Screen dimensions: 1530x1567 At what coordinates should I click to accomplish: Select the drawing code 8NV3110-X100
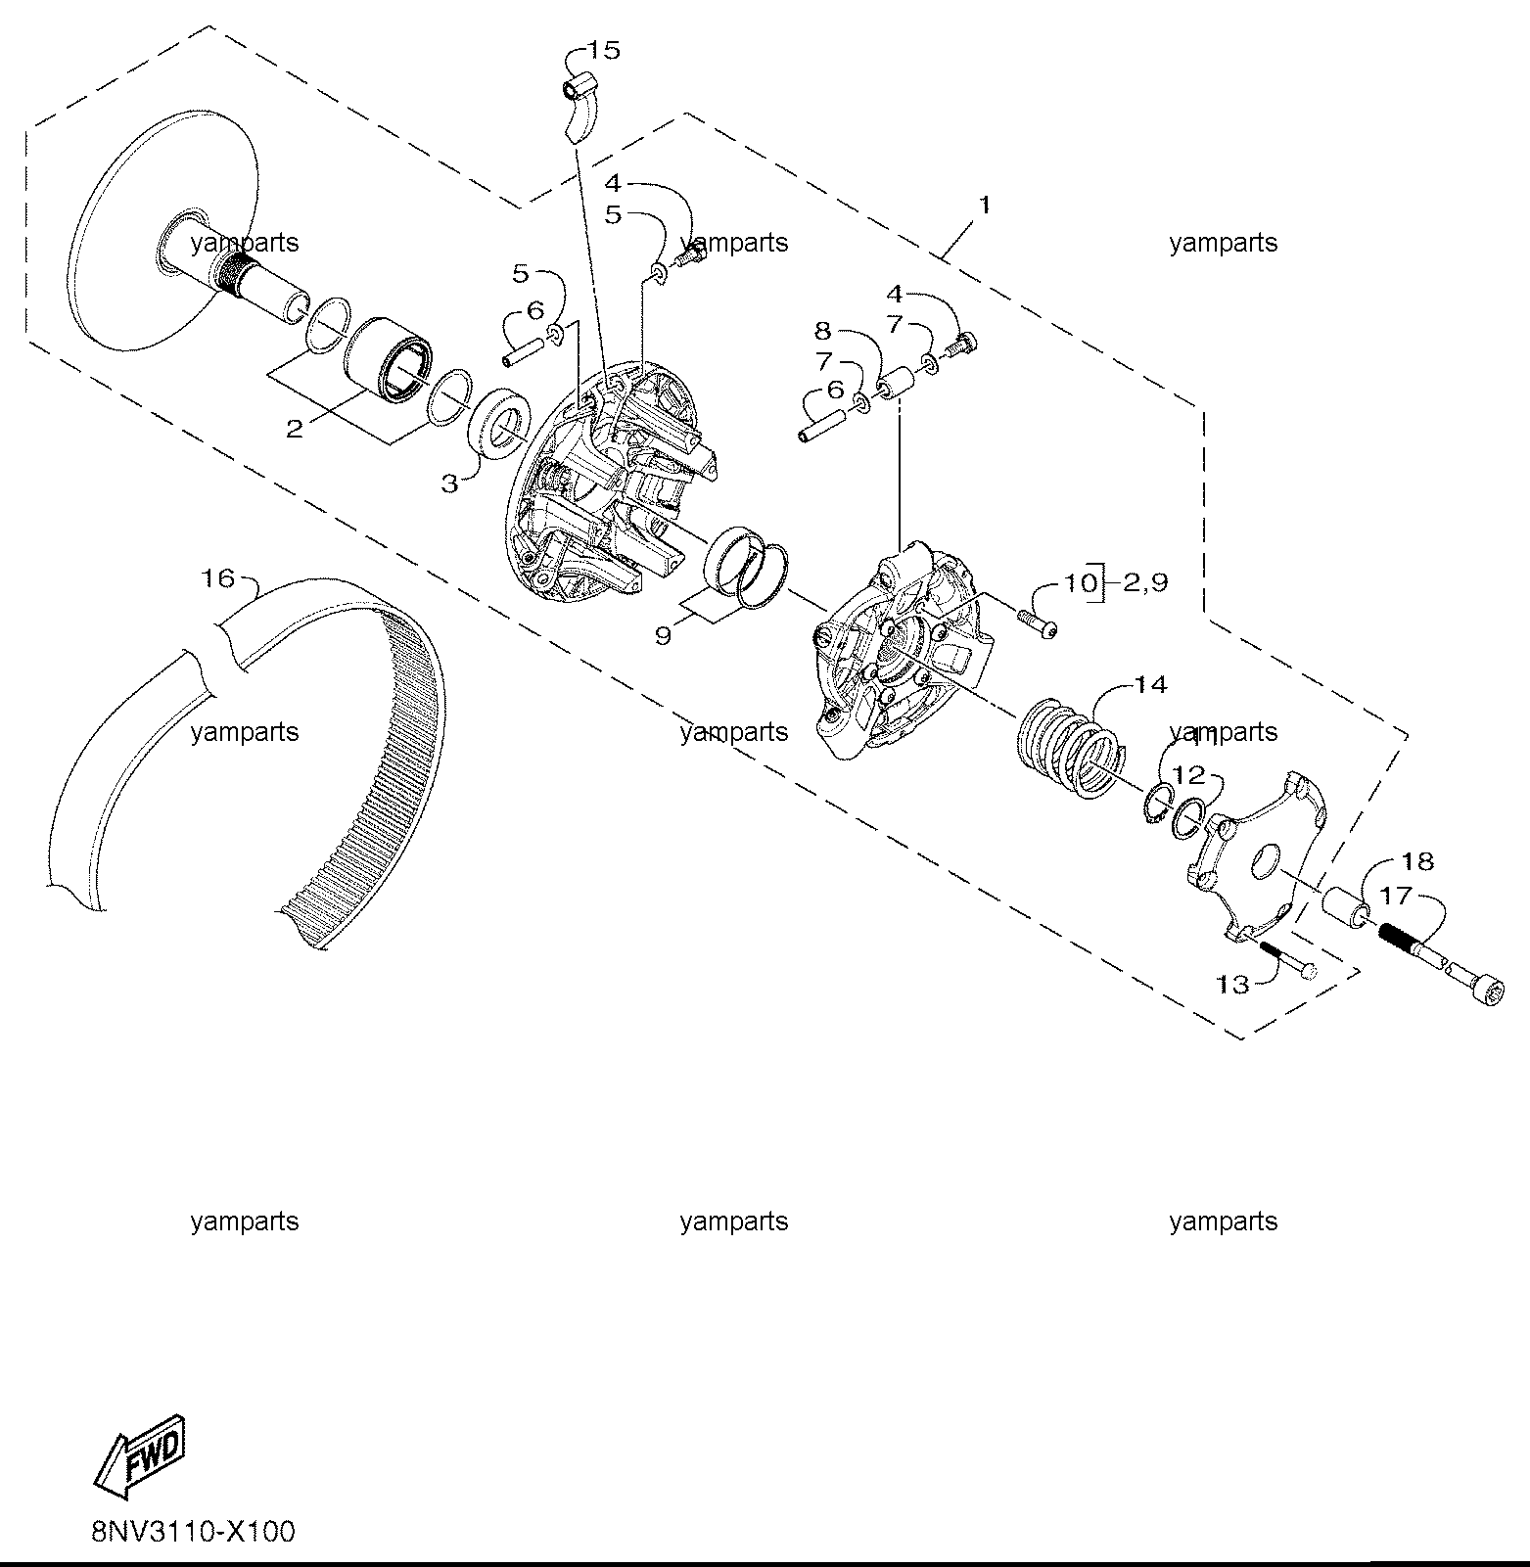click(x=193, y=1531)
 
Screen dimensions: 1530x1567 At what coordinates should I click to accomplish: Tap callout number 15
click(x=604, y=50)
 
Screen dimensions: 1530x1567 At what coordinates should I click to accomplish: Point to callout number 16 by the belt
click(x=218, y=578)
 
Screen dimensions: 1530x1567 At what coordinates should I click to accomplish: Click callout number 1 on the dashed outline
click(x=985, y=205)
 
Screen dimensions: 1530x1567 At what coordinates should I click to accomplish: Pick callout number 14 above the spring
click(x=1151, y=684)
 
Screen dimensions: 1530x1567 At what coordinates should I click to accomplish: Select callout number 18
click(x=1417, y=860)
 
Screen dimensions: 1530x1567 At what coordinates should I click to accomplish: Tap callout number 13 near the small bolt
click(x=1232, y=984)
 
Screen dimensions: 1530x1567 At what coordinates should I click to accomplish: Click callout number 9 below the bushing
click(x=663, y=635)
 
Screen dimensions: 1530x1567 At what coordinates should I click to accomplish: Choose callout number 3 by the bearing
click(x=448, y=483)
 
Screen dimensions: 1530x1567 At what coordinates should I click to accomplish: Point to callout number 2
click(x=295, y=429)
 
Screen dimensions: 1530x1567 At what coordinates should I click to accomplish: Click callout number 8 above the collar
click(x=822, y=331)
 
